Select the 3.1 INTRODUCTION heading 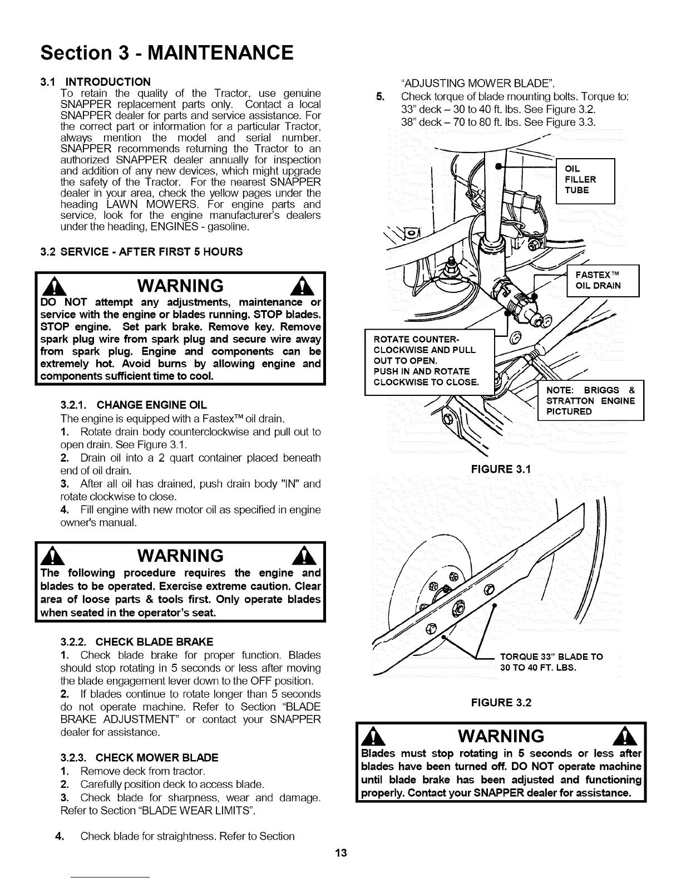pyautogui.click(x=95, y=82)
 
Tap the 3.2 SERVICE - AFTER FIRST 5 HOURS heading pyautogui.click(x=142, y=251)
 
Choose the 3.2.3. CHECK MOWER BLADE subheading pyautogui.click(x=139, y=757)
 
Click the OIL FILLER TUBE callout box pyautogui.click(x=585, y=180)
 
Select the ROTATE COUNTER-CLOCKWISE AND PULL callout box pyautogui.click(x=428, y=361)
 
